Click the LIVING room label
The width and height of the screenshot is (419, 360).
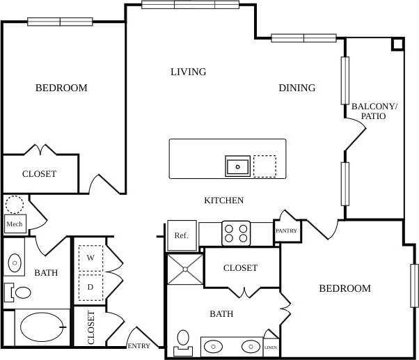click(188, 72)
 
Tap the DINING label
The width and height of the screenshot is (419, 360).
click(297, 88)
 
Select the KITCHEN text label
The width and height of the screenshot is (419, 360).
click(223, 201)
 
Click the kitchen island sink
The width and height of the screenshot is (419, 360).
click(237, 166)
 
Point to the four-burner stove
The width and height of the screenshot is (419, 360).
click(235, 233)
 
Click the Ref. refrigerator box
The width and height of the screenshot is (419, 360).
click(181, 235)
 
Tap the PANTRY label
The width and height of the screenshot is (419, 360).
click(286, 231)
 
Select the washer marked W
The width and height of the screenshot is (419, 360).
click(90, 258)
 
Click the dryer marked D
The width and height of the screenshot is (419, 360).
click(90, 286)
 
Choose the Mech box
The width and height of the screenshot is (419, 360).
click(14, 224)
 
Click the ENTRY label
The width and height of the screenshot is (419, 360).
click(139, 346)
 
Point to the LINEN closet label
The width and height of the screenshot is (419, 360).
click(271, 347)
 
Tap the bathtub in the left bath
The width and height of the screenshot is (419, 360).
click(42, 326)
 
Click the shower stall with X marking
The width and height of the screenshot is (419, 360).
click(184, 269)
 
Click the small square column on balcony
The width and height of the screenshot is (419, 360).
click(397, 43)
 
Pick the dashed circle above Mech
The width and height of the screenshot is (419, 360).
click(14, 205)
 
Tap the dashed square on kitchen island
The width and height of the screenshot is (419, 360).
click(264, 166)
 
